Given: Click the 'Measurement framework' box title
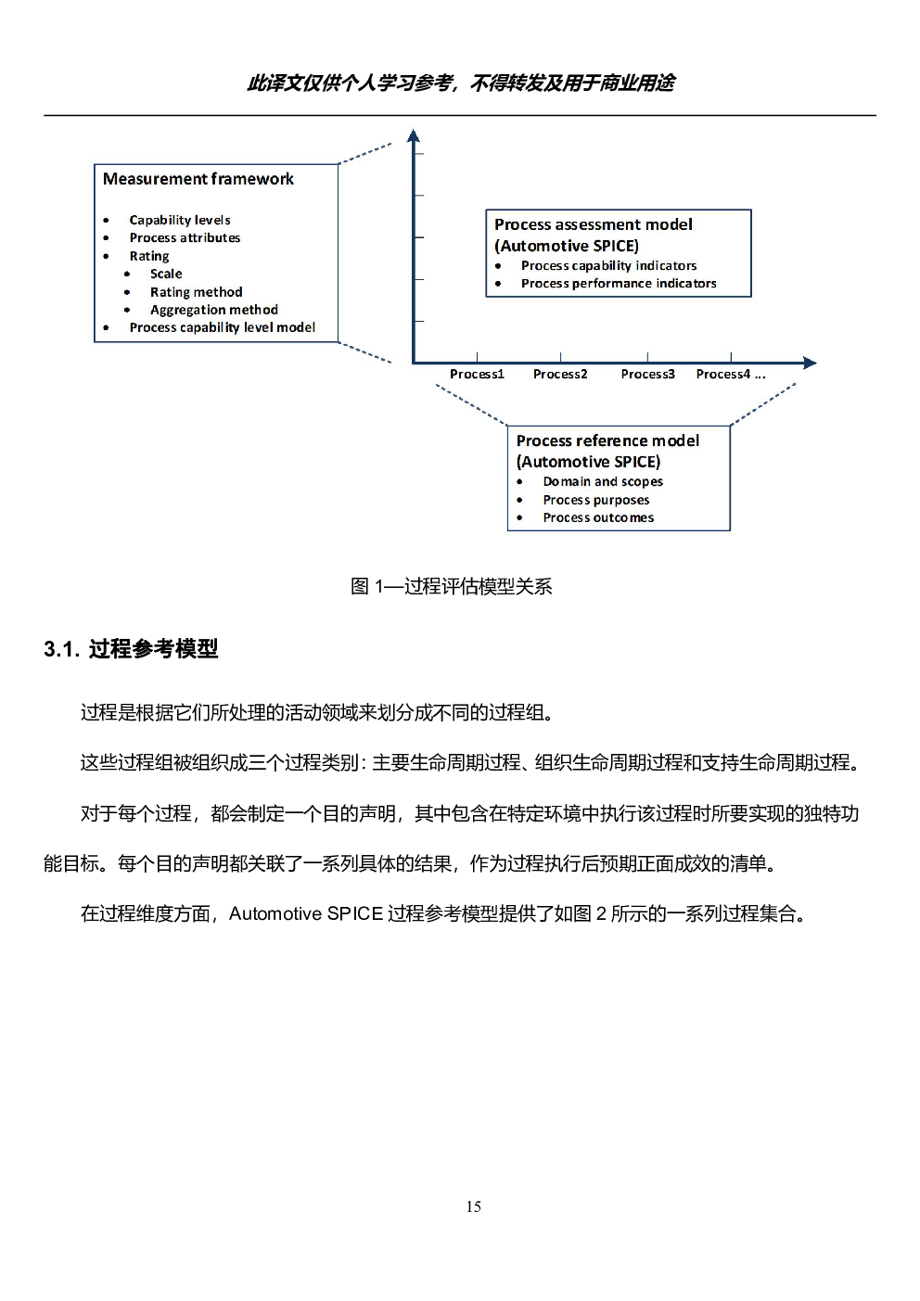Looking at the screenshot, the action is (x=198, y=179).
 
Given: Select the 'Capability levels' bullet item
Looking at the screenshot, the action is (x=180, y=220).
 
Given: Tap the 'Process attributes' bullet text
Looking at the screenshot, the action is (x=185, y=237).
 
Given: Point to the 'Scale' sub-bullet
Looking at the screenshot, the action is (x=166, y=274).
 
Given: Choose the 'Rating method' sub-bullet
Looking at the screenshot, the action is (x=197, y=291).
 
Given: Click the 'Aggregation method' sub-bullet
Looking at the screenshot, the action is (x=213, y=310).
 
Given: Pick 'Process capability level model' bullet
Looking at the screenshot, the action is (x=222, y=327).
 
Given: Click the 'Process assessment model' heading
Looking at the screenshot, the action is (x=593, y=224).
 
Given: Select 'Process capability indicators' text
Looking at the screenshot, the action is (x=608, y=265).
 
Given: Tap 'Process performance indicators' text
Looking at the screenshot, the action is (x=619, y=284).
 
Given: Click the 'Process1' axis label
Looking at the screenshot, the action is (x=477, y=374).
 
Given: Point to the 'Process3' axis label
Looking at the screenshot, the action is (x=647, y=374).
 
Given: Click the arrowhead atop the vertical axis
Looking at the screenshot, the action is (x=413, y=135).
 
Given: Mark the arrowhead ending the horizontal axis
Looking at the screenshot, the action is (x=811, y=363).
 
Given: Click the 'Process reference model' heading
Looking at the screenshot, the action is (x=607, y=440).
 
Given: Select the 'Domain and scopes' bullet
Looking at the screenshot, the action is (x=603, y=481).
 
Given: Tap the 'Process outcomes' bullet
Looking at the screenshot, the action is (x=598, y=517).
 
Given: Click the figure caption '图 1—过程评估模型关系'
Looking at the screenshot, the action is (x=452, y=587).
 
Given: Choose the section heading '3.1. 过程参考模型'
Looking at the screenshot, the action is (x=131, y=649).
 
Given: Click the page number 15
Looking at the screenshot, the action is (x=473, y=1207).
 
